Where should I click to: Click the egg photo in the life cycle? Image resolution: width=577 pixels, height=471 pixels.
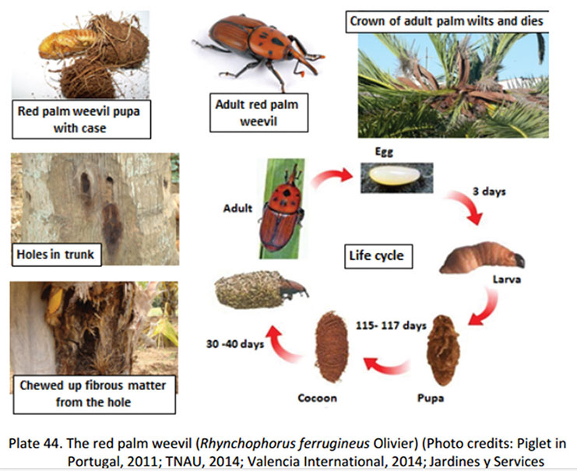[396, 178]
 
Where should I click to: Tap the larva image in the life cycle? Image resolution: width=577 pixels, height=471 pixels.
[483, 258]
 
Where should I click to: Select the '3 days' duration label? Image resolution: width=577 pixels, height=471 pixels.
[489, 192]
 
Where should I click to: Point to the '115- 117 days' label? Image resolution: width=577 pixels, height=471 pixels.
[391, 325]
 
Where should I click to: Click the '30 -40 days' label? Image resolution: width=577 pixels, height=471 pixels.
[235, 343]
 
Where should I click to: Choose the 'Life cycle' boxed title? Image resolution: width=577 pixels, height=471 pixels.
[378, 256]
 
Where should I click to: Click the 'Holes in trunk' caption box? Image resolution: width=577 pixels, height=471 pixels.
[57, 255]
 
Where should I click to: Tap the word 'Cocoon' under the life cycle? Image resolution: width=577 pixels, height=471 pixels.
[317, 398]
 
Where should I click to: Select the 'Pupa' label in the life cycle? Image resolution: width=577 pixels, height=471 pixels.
[431, 398]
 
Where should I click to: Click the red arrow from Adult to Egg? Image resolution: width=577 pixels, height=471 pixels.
[331, 176]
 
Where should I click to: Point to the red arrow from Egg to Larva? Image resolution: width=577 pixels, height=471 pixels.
[466, 206]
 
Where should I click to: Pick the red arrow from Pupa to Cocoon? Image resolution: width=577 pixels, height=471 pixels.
[386, 365]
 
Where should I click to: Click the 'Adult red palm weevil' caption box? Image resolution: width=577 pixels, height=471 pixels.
[259, 113]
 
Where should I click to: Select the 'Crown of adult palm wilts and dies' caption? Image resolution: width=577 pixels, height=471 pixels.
[447, 21]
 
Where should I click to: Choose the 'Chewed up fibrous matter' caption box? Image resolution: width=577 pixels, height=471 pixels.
[94, 395]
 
